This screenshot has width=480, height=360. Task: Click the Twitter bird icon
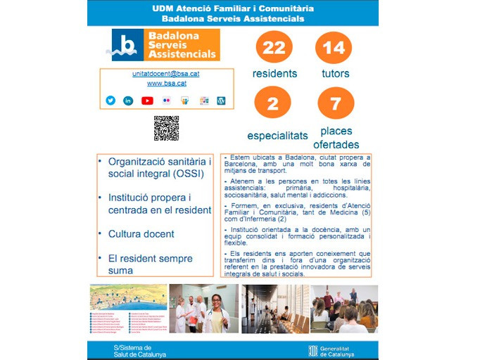(110, 101)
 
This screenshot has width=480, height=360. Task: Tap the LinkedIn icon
(128, 101)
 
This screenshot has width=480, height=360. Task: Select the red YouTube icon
(147, 101)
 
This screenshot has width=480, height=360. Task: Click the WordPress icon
(221, 101)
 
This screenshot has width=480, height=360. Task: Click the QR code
(166, 128)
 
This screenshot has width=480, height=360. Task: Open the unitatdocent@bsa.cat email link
(166, 73)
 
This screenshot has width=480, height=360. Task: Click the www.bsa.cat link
(166, 83)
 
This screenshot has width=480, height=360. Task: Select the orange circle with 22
(274, 47)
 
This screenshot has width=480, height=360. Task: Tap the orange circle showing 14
(334, 47)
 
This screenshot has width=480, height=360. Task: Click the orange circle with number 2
(274, 103)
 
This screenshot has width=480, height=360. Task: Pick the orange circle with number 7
(336, 103)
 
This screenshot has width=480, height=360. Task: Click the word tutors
(336, 73)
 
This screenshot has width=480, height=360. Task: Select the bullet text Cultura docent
(141, 233)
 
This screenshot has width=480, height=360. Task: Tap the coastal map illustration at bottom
(128, 298)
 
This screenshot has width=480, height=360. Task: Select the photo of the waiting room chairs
(274, 309)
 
